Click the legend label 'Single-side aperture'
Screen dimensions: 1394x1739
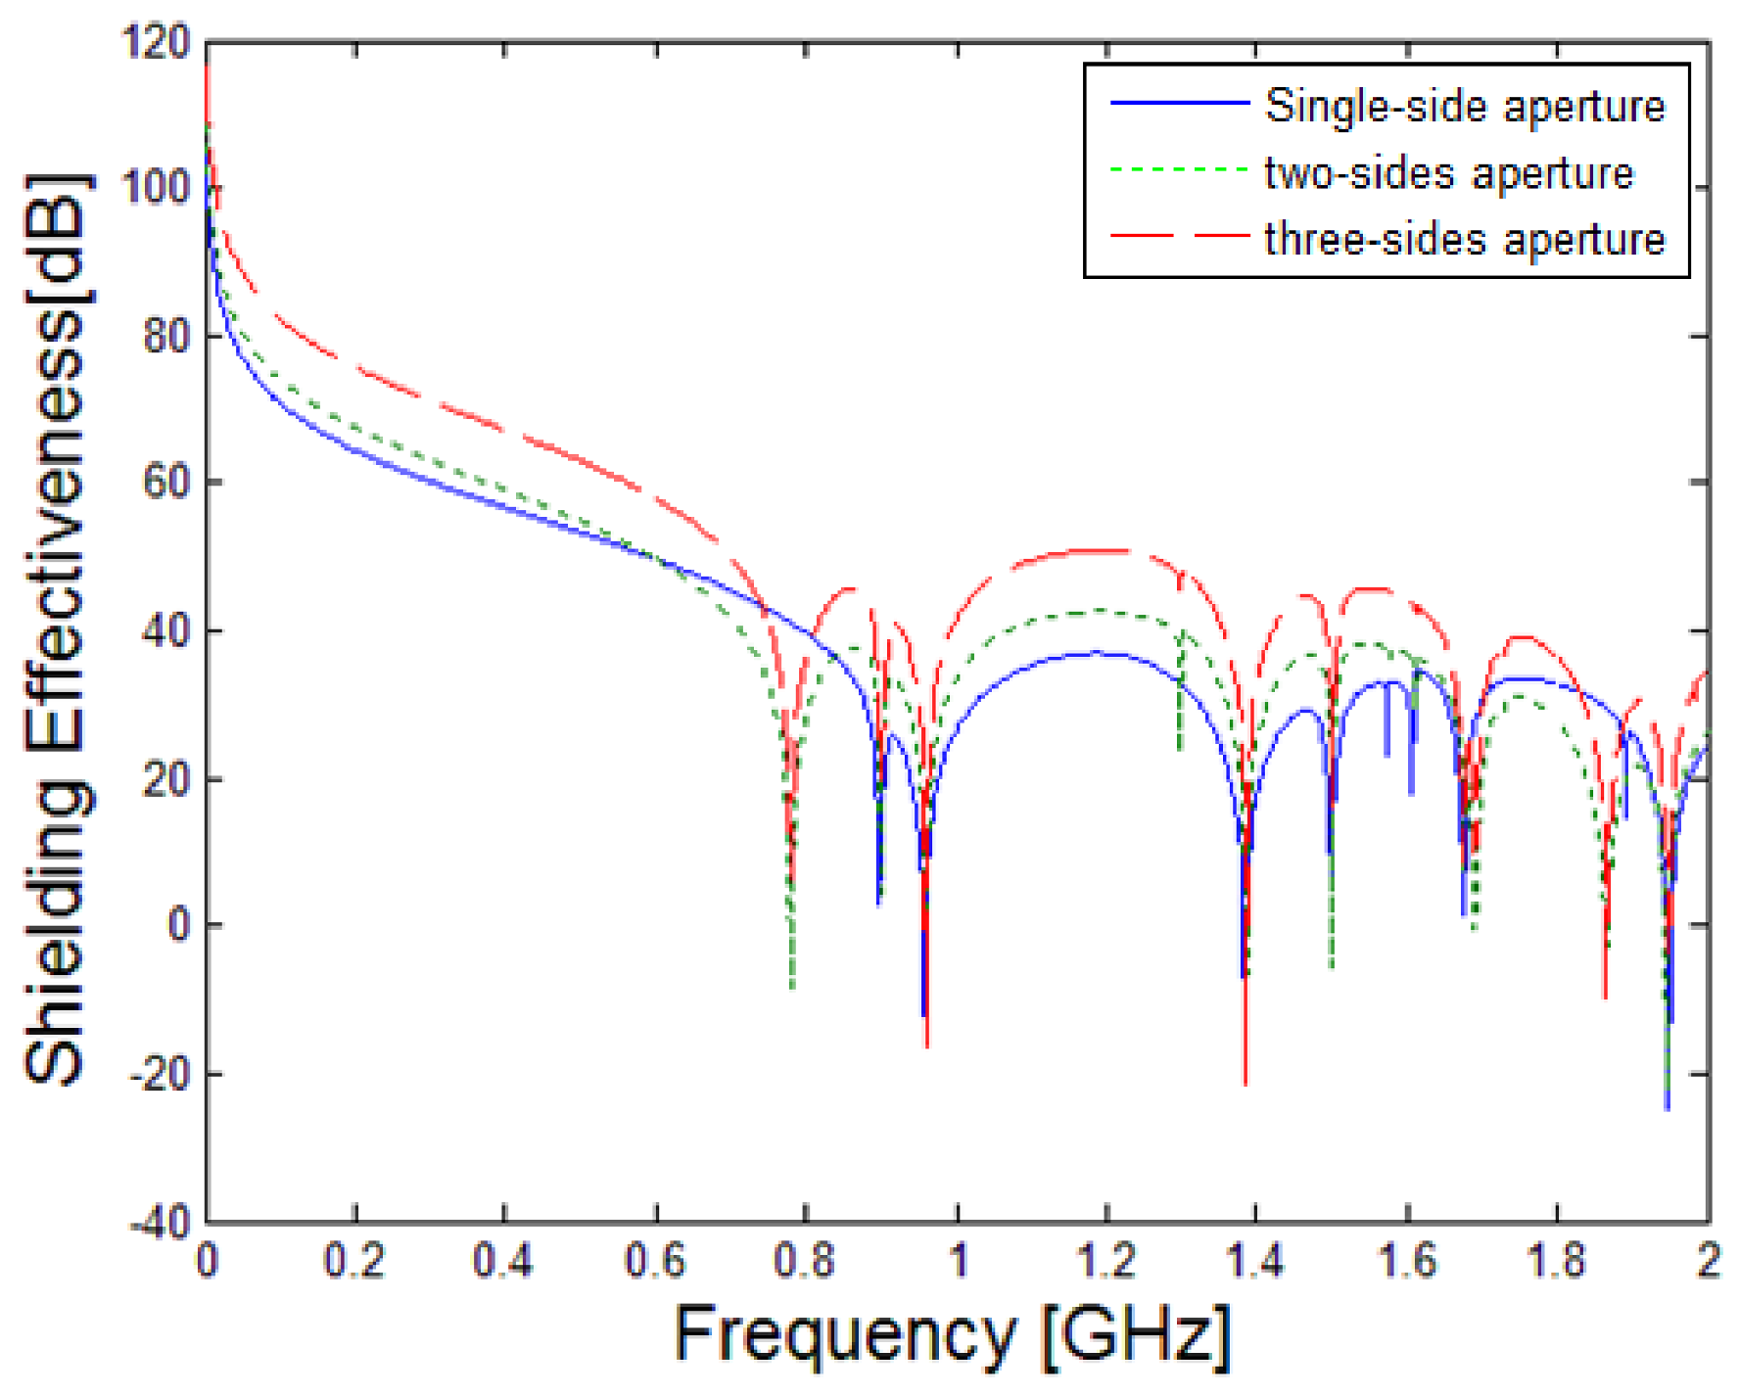point(1464,106)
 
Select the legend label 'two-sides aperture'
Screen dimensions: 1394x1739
point(1448,173)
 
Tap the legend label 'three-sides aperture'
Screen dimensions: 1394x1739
point(1464,240)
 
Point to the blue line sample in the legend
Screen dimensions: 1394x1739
point(1179,103)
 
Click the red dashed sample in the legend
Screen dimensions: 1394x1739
point(1179,236)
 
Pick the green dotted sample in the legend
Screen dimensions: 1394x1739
point(1179,169)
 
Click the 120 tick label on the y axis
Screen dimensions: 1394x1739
point(155,43)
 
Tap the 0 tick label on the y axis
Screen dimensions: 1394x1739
point(178,925)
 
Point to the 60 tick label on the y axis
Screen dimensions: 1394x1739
point(166,483)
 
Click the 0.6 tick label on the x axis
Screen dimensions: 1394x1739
point(655,1261)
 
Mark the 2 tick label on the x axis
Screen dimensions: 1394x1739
point(1708,1261)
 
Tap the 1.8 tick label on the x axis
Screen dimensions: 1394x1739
point(1556,1261)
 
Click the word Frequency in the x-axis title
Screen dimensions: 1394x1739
point(845,1335)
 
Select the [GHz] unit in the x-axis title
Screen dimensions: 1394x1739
point(1134,1335)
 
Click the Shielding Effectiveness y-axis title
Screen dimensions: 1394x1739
point(56,627)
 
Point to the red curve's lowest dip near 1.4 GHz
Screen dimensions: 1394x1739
point(1245,1082)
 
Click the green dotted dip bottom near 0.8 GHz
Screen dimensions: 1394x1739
point(792,987)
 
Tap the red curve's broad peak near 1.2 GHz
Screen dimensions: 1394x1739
point(1097,551)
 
